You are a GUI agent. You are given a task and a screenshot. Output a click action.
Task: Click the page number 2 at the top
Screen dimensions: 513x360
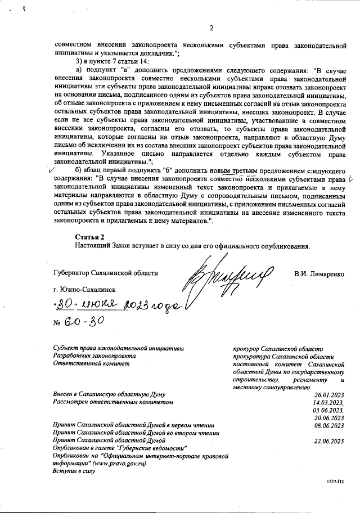[x=211, y=28]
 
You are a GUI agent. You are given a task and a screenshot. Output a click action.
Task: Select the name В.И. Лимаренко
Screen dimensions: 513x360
[x=322, y=274]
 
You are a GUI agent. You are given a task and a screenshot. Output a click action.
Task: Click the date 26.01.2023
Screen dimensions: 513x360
[x=329, y=394]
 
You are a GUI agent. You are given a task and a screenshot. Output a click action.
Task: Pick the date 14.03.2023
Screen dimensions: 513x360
[x=329, y=402]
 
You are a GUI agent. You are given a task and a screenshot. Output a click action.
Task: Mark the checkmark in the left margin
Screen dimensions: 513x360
[x=53, y=169]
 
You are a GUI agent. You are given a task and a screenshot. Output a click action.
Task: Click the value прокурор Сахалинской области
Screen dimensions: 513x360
[x=278, y=349]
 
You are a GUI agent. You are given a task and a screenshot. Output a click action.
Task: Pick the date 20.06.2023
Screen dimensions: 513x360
[x=329, y=418]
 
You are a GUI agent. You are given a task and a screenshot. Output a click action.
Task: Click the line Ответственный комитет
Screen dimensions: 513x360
[x=91, y=363]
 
